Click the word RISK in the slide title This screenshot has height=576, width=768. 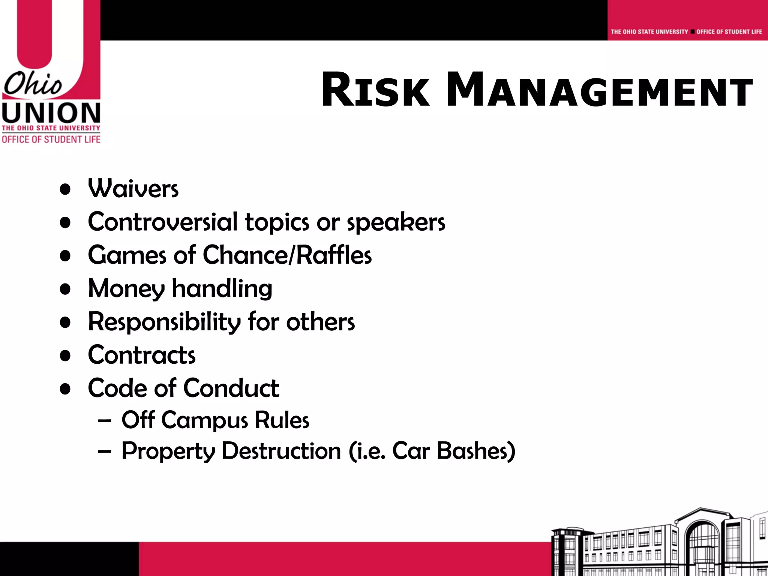(375, 90)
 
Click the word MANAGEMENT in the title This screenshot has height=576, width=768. (599, 90)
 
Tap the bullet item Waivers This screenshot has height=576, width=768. (133, 188)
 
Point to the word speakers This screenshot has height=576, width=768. (396, 222)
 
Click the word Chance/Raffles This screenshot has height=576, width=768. (287, 255)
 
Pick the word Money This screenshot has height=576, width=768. (126, 289)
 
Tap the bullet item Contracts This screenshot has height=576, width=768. (142, 355)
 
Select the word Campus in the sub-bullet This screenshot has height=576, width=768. (204, 420)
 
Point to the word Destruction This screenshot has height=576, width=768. (281, 451)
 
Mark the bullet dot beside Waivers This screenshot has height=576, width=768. (65, 189)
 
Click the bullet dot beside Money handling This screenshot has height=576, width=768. (65, 289)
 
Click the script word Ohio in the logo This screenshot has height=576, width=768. (33, 84)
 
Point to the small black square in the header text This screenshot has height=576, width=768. (692, 32)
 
